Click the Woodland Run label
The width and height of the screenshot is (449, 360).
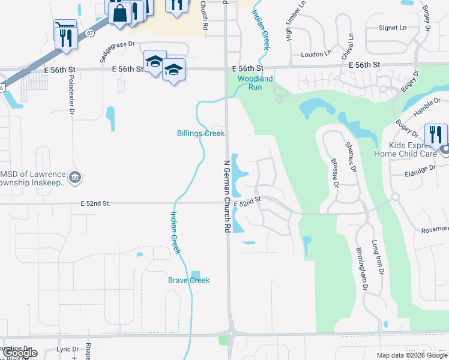[255, 83]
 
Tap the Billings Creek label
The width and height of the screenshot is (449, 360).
[200, 133]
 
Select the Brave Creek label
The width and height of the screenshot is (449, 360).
[188, 280]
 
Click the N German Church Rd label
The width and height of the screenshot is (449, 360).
[227, 196]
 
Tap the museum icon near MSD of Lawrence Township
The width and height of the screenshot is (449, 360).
[75, 176]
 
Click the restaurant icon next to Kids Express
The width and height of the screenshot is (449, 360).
[436, 133]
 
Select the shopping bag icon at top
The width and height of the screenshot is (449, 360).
[120, 13]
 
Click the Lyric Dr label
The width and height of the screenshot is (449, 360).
[67, 349]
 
